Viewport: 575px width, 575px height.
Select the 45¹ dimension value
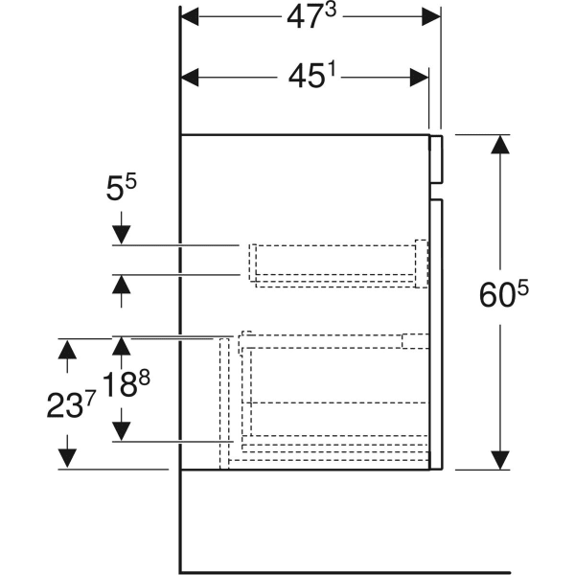click(311, 76)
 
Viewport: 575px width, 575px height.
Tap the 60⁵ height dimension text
click(504, 294)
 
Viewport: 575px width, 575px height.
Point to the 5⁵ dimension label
click(121, 187)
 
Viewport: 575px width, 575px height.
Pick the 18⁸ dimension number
click(126, 384)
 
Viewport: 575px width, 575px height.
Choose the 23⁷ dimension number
click(71, 404)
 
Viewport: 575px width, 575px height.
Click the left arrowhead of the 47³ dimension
click(190, 16)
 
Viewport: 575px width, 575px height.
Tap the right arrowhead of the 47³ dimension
click(431, 16)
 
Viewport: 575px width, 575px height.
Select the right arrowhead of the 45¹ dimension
click(419, 78)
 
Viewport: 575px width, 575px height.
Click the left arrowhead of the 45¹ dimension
click(190, 78)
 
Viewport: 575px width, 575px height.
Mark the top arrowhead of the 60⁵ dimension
click(500, 144)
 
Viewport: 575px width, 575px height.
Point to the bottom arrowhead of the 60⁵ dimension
click(500, 460)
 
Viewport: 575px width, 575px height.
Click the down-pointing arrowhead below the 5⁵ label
click(122, 235)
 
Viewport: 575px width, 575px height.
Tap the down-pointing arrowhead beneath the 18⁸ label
click(122, 431)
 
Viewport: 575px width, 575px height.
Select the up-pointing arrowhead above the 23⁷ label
click(67, 349)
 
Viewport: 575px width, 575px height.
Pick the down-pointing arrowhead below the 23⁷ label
click(67, 459)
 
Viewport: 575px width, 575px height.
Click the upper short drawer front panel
click(436, 159)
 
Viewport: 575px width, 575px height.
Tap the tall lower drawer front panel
click(436, 334)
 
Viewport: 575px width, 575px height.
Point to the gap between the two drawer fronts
click(436, 191)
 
